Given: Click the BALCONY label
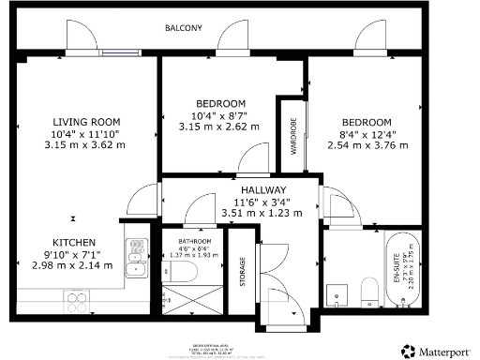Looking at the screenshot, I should point(184,28).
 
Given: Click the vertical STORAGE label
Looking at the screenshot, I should point(243,273).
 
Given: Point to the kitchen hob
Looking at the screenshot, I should point(78,301).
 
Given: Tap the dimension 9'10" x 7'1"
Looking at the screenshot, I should point(73,253).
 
